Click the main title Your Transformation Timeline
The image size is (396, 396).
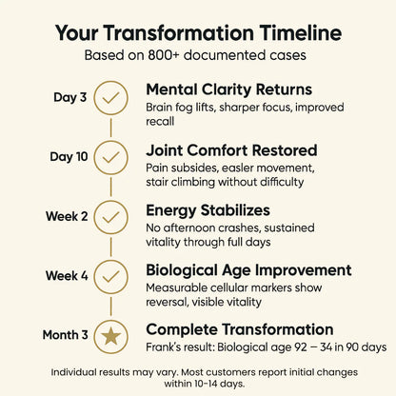tap(197, 31)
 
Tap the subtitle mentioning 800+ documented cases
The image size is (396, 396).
tap(197, 55)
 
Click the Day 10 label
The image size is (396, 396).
tap(69, 156)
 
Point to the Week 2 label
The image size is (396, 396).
tap(68, 216)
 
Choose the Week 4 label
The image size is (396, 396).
tap(68, 275)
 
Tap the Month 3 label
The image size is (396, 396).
tap(66, 335)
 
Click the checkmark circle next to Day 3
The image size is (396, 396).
tap(111, 97)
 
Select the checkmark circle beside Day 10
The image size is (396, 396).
tap(111, 156)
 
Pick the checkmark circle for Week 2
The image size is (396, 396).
tap(111, 216)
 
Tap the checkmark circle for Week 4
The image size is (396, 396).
tap(111, 275)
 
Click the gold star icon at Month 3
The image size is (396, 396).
tap(111, 335)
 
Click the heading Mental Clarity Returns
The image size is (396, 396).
tap(228, 89)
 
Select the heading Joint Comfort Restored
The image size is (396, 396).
tap(231, 149)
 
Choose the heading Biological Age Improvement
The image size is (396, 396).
tap(249, 269)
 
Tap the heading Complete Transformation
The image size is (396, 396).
tap(239, 328)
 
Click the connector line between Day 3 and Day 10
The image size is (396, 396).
tap(111, 127)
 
